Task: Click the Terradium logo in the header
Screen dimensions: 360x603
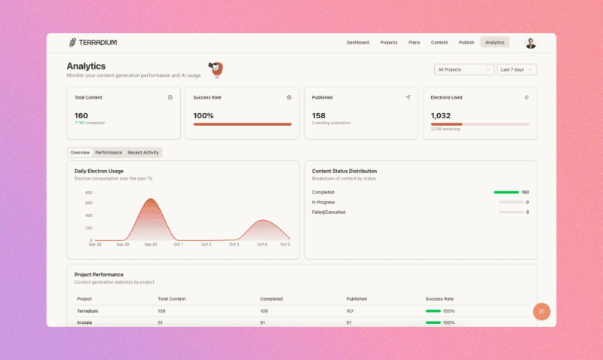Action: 92,42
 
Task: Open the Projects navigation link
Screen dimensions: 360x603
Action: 389,42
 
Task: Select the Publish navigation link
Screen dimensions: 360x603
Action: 467,42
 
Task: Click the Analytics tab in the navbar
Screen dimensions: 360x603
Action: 494,42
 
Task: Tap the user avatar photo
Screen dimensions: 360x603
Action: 531,43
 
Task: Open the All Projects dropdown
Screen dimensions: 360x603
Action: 464,69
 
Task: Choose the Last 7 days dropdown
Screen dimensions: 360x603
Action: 517,69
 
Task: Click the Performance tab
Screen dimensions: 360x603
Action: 109,152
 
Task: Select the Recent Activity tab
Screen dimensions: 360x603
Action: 143,152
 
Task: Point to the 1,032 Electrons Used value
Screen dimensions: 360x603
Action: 440,115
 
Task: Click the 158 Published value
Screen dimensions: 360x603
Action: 318,115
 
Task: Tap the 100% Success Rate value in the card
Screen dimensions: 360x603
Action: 204,115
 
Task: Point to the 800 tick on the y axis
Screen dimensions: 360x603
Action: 88,193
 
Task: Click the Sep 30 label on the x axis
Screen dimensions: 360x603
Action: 150,245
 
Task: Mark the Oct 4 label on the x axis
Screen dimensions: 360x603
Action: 262,245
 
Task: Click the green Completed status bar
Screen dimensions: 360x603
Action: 506,192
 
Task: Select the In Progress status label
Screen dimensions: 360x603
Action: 323,202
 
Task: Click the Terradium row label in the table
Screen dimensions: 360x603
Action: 88,310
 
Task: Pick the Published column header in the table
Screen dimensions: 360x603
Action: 356,299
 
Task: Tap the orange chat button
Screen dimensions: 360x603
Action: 540,311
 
